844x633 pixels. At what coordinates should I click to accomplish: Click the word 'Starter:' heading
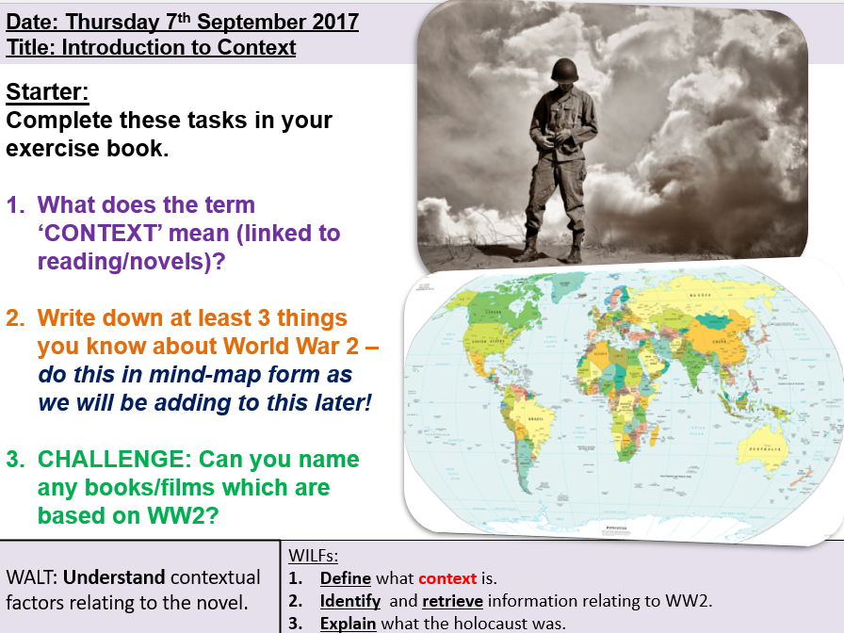click(46, 92)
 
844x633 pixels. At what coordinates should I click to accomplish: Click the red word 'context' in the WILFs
click(448, 577)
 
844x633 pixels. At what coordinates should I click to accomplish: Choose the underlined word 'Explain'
click(348, 624)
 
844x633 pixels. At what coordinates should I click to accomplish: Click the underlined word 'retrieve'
click(456, 600)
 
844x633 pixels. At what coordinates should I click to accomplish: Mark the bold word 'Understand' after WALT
click(115, 576)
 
